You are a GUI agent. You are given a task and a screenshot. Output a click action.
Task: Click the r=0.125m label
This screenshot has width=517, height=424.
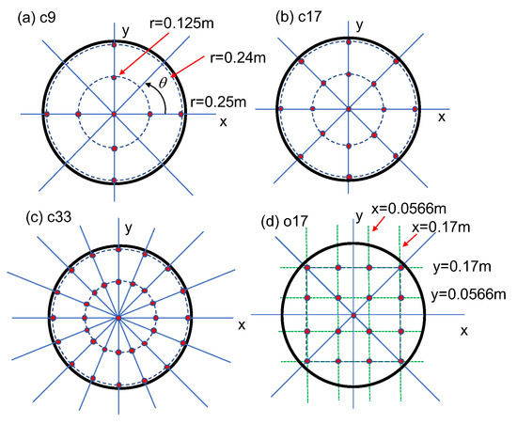pos(181,24)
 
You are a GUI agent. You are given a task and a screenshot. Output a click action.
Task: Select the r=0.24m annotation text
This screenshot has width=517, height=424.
pos(238,58)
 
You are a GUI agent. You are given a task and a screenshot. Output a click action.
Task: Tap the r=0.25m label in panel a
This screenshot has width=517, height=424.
pos(218,102)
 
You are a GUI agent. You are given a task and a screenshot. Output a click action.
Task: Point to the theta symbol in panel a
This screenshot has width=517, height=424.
pos(163,83)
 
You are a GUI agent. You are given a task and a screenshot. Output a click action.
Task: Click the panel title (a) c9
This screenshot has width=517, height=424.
pos(37,18)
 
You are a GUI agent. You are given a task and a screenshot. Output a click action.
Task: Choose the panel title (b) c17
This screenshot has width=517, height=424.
pos(298,17)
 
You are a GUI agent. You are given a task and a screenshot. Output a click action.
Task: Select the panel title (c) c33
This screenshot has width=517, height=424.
pos(49,217)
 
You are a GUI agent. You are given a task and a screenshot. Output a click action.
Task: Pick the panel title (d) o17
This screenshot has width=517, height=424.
pos(284,222)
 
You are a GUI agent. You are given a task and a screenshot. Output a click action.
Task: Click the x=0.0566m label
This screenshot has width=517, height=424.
pos(409,209)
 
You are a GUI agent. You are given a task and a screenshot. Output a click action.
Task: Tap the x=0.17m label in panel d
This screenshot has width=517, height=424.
pos(441,228)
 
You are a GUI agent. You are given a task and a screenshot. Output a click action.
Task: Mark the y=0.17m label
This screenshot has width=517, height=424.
pos(462,267)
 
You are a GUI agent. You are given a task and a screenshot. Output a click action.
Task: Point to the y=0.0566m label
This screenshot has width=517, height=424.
pos(469,294)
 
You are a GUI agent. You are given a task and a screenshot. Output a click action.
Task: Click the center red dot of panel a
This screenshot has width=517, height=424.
pos(114,114)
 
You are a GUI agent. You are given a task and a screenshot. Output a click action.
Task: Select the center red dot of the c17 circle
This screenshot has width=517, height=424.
pos(349,109)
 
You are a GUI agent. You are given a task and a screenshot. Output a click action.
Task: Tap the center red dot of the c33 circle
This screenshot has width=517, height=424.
pos(118,318)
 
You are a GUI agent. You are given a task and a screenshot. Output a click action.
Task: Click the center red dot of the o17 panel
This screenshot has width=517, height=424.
pos(353,316)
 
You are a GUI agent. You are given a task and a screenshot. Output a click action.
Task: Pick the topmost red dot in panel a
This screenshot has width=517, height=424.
pos(114,45)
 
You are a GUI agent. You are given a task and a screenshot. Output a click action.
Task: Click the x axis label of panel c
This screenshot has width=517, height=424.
pos(242,325)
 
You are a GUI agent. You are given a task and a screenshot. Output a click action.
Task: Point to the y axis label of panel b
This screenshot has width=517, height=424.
pos(360,25)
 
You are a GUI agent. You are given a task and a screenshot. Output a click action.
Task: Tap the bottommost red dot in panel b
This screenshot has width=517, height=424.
pos(350,177)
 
